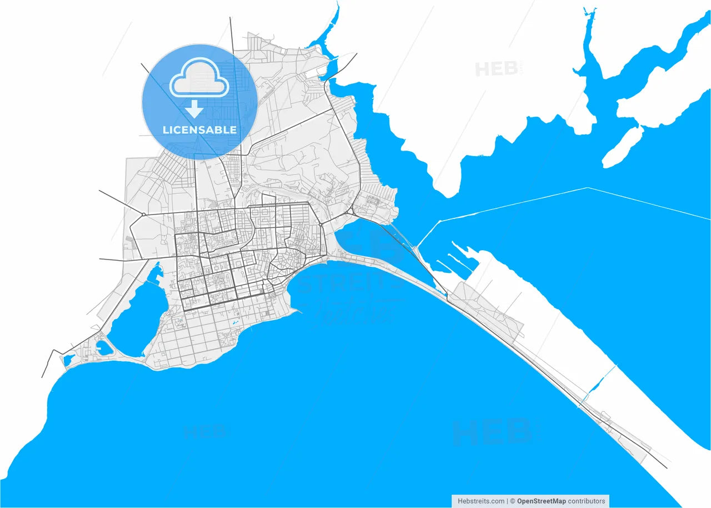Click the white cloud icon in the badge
[x=199, y=82]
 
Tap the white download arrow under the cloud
[x=194, y=109]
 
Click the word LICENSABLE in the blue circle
[x=199, y=130]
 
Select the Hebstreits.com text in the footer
[x=481, y=501]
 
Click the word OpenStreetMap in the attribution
[x=542, y=501]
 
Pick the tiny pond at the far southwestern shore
[x=68, y=360]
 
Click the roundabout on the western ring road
[x=143, y=214]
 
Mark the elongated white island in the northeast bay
[x=622, y=147]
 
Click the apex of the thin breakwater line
[x=588, y=188]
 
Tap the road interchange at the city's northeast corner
[x=350, y=212]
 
